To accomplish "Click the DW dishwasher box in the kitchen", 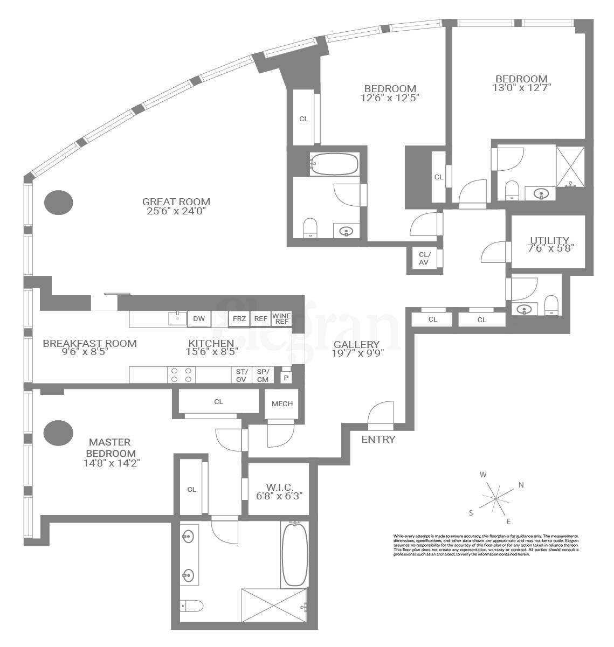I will point(199,319).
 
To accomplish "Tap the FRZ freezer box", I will point(239,319).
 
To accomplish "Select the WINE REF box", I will point(281,319).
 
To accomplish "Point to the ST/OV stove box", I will point(241,375).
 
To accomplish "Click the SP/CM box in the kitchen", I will point(263,375).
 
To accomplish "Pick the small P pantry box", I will point(285,377).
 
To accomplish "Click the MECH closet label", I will point(282,403).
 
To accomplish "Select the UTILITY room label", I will point(549,240).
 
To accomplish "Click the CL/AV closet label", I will point(424,259).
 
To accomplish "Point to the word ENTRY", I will point(378,440).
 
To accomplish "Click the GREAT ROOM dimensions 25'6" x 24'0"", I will point(176,211).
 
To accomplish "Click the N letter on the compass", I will point(521,485).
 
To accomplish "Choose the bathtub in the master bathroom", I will point(294,555).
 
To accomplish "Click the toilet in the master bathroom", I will point(191,606).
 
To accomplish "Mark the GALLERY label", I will point(356,345).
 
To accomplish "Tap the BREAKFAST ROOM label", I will point(89,343).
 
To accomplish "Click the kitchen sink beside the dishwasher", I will point(177,319).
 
